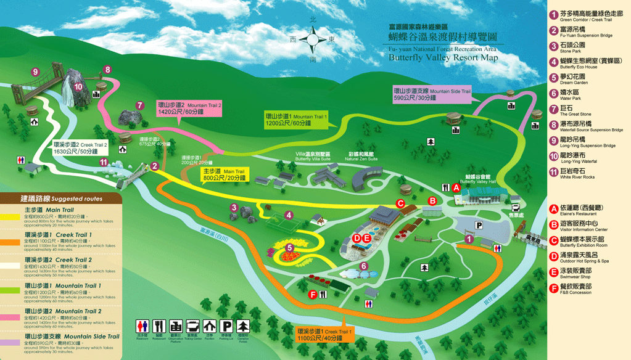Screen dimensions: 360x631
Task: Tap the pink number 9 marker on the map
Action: point(36,72)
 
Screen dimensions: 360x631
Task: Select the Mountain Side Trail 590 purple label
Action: point(432,94)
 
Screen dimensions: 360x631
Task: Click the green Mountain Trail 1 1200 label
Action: point(296,120)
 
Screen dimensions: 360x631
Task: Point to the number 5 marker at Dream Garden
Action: point(289,248)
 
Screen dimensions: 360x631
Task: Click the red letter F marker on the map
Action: point(313,295)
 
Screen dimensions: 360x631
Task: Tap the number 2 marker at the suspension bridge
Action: point(155,165)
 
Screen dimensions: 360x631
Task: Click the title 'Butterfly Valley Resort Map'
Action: point(443,57)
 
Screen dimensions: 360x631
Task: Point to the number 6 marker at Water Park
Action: point(364,266)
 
